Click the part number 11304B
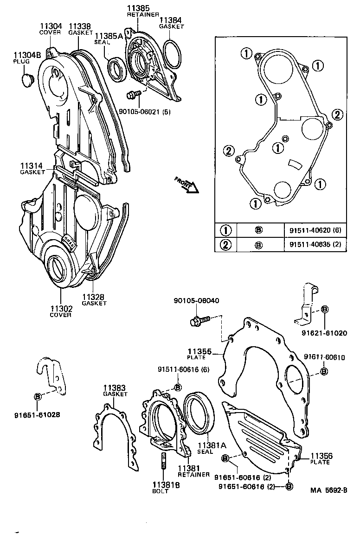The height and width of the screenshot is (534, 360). click(x=27, y=55)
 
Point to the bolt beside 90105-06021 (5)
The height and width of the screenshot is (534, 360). click(x=133, y=95)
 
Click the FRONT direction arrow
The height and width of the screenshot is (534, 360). click(x=186, y=184)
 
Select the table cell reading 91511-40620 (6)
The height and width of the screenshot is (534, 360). click(x=315, y=229)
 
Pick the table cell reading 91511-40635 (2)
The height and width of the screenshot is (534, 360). click(x=315, y=244)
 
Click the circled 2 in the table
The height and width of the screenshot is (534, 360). click(x=225, y=244)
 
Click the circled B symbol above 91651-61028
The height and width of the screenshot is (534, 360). click(x=38, y=396)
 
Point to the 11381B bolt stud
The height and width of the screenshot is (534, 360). click(x=164, y=462)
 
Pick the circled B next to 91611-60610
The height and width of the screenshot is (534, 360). click(x=324, y=370)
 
